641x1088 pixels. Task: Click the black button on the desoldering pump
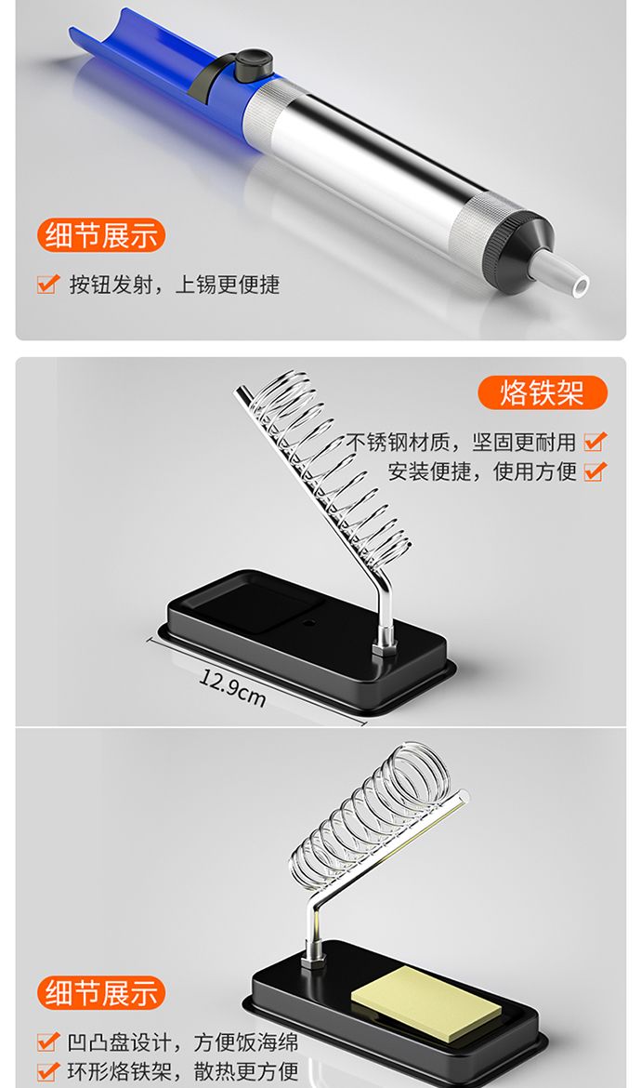[x=253, y=64]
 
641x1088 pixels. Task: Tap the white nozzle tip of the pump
[x=561, y=274]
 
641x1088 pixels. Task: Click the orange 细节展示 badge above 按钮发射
[x=101, y=235]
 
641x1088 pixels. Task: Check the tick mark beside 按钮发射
[x=47, y=283]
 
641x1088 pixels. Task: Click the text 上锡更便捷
[x=228, y=284]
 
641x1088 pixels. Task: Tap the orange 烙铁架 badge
[x=543, y=392]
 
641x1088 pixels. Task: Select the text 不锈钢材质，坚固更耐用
[x=460, y=442]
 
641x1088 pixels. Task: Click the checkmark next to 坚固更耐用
[x=595, y=442]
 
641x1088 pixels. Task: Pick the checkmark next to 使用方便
[x=595, y=471]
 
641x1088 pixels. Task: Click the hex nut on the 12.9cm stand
[x=385, y=649]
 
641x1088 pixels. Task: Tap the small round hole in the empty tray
[x=309, y=621]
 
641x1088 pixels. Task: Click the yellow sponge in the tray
[x=426, y=1003]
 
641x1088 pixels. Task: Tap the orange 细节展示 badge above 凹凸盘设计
[x=101, y=993]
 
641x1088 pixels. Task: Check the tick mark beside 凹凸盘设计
[x=47, y=1041]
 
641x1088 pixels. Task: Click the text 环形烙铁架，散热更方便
[x=183, y=1070]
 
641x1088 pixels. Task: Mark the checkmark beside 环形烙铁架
[x=47, y=1070]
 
